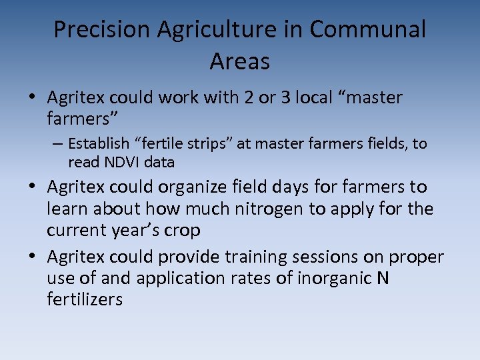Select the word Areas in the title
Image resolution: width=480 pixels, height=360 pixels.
240,61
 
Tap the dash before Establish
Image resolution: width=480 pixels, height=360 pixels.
59,143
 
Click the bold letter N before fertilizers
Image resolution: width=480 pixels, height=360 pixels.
382,278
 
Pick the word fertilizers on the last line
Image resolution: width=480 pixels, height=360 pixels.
85,300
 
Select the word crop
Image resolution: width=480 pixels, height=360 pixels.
182,231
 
